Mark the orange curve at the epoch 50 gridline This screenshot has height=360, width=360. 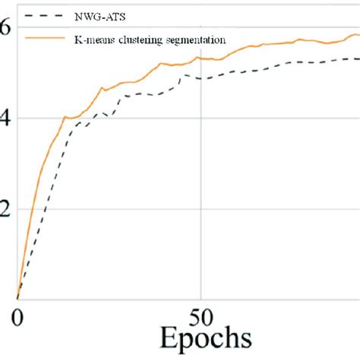200,58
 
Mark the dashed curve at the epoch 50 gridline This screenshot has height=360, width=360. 200,78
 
